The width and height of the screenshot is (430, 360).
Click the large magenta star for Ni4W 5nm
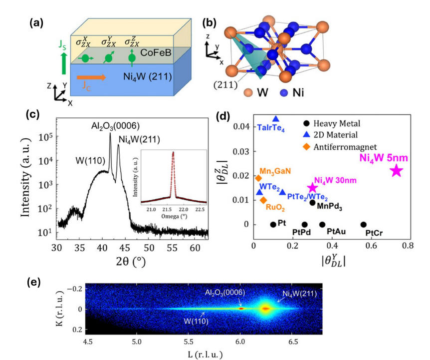[x=396, y=170]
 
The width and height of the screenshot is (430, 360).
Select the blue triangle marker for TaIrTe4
[x=276, y=119]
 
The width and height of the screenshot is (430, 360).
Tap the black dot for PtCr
[x=363, y=225]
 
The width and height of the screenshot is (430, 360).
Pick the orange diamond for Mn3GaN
[x=258, y=178]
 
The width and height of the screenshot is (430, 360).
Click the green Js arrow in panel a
[x=63, y=65]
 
